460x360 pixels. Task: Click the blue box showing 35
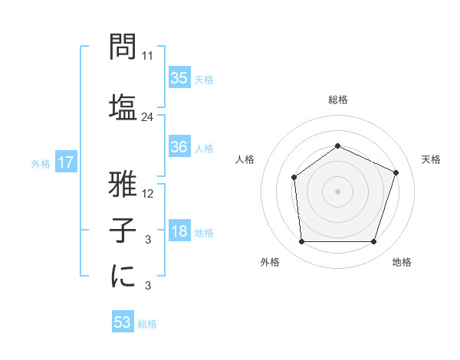pos(179,78)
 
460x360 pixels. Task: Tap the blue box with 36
pos(179,148)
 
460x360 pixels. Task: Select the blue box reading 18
pos(179,232)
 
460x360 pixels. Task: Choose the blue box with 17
pos(65,162)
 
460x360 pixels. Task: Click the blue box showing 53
pos(123,323)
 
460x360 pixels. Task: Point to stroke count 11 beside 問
pos(148,56)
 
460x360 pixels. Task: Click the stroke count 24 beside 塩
pos(148,117)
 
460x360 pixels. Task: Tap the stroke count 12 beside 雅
pos(148,193)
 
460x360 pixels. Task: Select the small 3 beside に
pos(148,286)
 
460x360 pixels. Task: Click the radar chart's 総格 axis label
pos(338,100)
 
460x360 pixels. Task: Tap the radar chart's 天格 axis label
pos(431,159)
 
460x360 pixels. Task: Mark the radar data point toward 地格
pos(374,242)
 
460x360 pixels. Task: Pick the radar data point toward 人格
pos(294,178)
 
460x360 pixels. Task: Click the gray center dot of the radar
pos(338,191)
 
